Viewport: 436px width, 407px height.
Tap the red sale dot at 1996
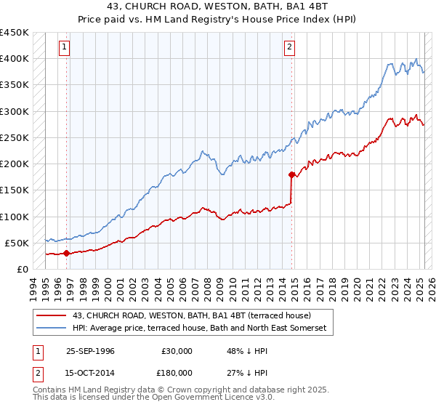pos(67,254)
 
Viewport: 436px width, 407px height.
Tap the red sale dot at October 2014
pos(291,174)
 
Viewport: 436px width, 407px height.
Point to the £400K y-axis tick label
pos(15,59)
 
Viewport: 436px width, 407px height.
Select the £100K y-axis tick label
pos(15,217)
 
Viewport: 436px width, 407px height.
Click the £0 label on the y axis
pos(23,269)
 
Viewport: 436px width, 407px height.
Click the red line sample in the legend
pos(52,315)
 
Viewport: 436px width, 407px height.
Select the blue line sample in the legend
pos(52,329)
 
